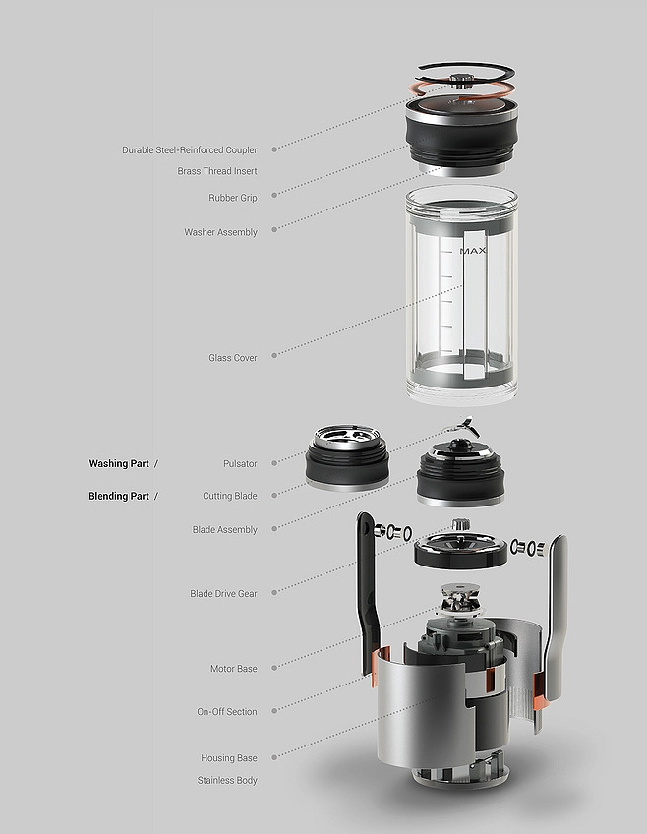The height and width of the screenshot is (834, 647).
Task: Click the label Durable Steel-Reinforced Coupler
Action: point(189,150)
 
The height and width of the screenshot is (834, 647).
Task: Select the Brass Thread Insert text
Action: point(217,171)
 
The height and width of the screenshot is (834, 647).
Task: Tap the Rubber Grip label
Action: point(232,198)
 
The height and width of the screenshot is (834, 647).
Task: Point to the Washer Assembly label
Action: point(220,233)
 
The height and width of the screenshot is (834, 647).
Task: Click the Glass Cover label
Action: point(232,358)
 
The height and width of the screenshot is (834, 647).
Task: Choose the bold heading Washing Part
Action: point(119,463)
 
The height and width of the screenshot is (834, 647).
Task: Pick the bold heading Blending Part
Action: point(119,497)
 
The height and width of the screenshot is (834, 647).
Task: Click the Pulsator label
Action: point(240,463)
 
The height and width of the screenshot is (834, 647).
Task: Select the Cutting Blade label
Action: point(229,497)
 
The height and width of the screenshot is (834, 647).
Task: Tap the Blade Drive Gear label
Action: point(223,594)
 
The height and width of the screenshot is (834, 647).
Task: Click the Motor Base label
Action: point(233,669)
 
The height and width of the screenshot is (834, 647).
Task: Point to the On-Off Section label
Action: point(226,712)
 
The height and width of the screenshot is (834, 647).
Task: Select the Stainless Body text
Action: point(227,781)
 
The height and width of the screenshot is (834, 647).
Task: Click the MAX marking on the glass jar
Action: point(473,251)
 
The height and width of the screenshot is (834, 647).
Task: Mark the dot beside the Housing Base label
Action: point(273,758)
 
